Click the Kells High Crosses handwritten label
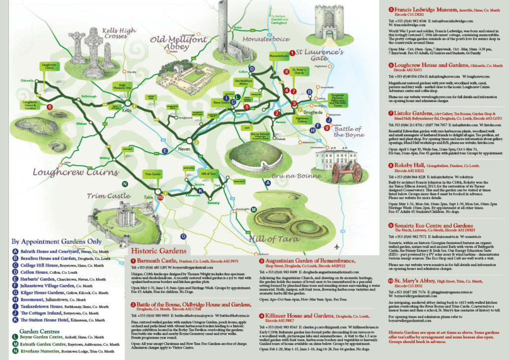(119, 34)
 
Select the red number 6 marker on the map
(49, 106)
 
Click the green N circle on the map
(125, 183)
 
